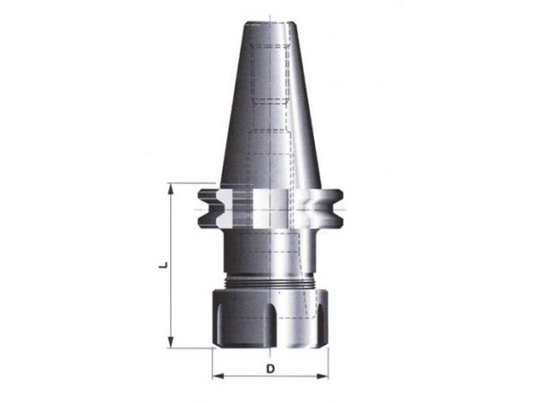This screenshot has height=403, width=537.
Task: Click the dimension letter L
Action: tap(165, 265)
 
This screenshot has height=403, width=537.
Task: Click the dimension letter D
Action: tap(270, 369)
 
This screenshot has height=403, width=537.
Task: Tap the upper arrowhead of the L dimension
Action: tap(170, 189)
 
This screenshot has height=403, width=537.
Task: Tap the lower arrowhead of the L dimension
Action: tap(170, 342)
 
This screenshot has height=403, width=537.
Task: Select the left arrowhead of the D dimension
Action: tap(218, 376)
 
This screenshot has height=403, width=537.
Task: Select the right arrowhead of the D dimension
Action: tap(322, 376)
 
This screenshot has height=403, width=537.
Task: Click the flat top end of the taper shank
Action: tap(270, 23)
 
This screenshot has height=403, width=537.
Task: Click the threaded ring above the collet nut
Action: tap(270, 283)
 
